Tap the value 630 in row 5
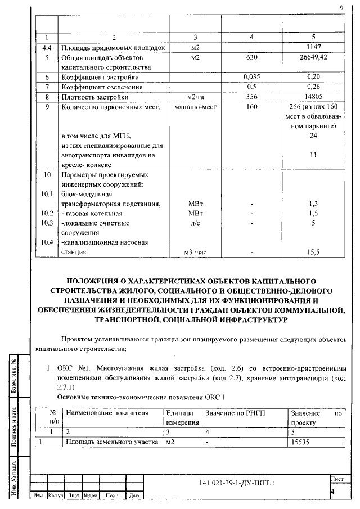251,58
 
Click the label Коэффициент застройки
100,77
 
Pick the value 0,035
251,77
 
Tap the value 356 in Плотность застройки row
251,97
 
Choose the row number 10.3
47,223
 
